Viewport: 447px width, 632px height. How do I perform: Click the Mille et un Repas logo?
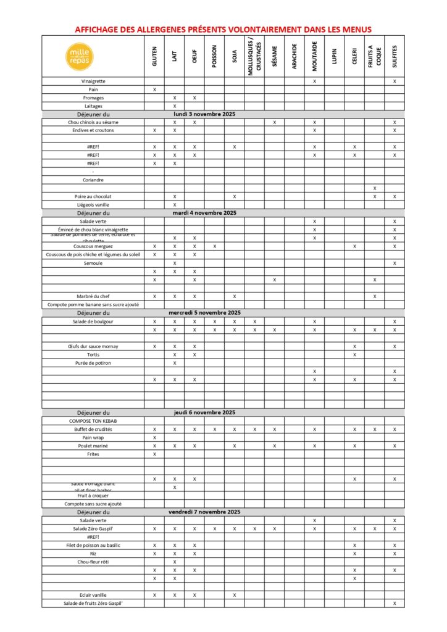pos(80,56)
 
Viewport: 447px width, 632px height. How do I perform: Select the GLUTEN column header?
pos(154,56)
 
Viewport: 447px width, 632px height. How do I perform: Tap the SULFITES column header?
pos(395,56)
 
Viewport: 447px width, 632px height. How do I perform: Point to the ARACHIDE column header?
pos(295,56)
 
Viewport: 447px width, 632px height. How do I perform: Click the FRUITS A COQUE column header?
pos(374,56)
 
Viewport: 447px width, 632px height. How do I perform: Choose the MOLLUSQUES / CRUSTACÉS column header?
pos(254,56)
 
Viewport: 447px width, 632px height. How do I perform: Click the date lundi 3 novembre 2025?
pos(204,114)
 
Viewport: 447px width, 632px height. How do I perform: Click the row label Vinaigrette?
pos(93,81)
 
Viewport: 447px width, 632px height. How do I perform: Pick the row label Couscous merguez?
pos(93,246)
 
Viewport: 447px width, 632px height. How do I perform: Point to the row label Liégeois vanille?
pos(93,205)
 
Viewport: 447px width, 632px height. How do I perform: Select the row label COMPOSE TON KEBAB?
pos(93,421)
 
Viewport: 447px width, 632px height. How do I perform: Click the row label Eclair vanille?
pos(93,595)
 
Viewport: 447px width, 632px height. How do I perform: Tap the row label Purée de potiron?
pos(93,363)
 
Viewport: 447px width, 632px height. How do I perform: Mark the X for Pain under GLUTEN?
pos(154,89)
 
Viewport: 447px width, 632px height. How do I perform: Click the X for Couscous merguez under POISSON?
pos(214,246)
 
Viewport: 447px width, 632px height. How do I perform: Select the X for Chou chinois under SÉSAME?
pos(274,122)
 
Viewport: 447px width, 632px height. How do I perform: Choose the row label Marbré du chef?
pos(93,296)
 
